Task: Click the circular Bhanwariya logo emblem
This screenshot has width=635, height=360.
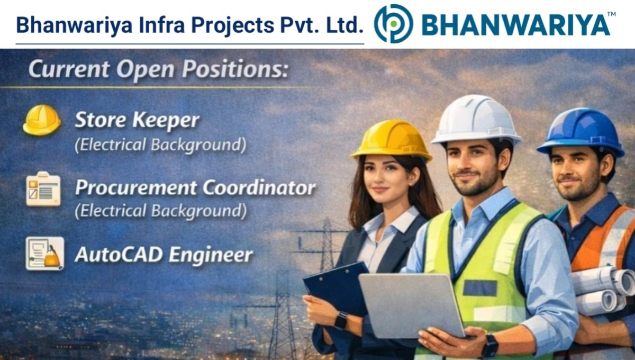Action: coord(393,24)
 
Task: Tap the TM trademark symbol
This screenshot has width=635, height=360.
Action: coord(611,14)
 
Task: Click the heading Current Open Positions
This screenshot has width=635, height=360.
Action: coord(158,70)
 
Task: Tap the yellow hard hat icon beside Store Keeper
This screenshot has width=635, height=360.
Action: coord(42,120)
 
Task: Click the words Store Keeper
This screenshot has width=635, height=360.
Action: coord(137,121)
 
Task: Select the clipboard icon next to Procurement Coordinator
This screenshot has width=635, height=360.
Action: coord(43,189)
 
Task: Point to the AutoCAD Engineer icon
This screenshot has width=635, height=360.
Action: coord(44,254)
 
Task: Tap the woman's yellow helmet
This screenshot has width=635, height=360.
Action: coord(391,139)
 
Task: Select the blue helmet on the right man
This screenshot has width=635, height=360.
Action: coord(580,131)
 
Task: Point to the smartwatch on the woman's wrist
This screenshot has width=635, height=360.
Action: coord(341,320)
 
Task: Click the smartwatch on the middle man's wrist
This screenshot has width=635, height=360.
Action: coord(489,345)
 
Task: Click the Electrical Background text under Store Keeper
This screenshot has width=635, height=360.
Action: coord(160,145)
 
